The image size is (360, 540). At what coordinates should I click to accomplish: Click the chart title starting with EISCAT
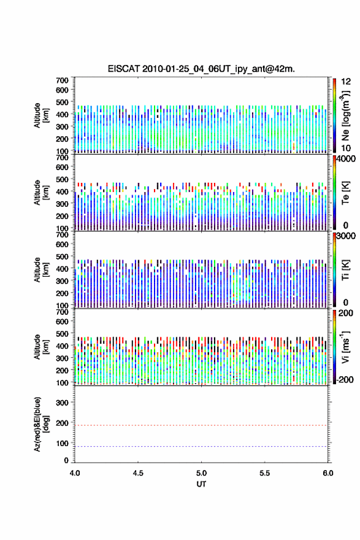pyautogui.click(x=201, y=69)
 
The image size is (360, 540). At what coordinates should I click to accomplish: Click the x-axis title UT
pyautogui.click(x=201, y=484)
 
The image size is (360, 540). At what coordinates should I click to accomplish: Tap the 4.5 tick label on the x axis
pyautogui.click(x=138, y=473)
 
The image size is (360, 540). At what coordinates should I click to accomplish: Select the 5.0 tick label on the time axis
pyautogui.click(x=201, y=473)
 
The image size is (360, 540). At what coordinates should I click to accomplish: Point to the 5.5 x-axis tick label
pyautogui.click(x=265, y=473)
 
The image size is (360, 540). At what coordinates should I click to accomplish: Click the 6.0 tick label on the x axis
pyautogui.click(x=328, y=473)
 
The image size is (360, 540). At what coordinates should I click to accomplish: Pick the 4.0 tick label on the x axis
pyautogui.click(x=75, y=473)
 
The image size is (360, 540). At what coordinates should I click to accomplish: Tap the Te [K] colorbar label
pyautogui.click(x=345, y=193)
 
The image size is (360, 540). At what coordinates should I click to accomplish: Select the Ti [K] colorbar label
pyautogui.click(x=345, y=269)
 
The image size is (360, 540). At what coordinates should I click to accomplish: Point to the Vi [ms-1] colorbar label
pyautogui.click(x=345, y=347)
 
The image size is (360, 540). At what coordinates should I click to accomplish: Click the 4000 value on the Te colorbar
pyautogui.click(x=346, y=159)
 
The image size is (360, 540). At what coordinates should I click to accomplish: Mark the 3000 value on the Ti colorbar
pyautogui.click(x=346, y=236)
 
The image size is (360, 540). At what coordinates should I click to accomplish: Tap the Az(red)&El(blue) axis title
pyautogui.click(x=40, y=424)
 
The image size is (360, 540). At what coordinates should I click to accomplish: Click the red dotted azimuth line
pyautogui.click(x=201, y=425)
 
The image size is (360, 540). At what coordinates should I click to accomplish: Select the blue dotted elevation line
pyautogui.click(x=201, y=446)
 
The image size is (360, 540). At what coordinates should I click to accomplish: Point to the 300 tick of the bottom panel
pyautogui.click(x=62, y=403)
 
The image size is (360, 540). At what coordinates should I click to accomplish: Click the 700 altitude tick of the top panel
pyautogui.click(x=62, y=80)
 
